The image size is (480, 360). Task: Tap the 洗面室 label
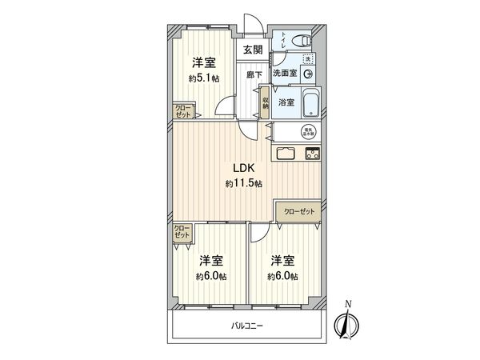click(x=285, y=74)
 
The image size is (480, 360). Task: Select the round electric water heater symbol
click(x=307, y=133)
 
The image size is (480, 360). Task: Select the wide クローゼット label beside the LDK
click(x=300, y=211)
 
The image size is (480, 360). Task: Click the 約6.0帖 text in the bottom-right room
click(x=282, y=276)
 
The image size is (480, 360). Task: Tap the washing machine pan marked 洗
click(x=309, y=58)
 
